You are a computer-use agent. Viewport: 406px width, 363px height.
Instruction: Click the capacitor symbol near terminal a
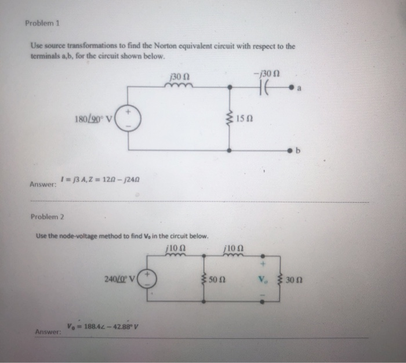(266, 88)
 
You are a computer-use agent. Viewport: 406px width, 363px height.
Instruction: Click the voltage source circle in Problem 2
(147, 277)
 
